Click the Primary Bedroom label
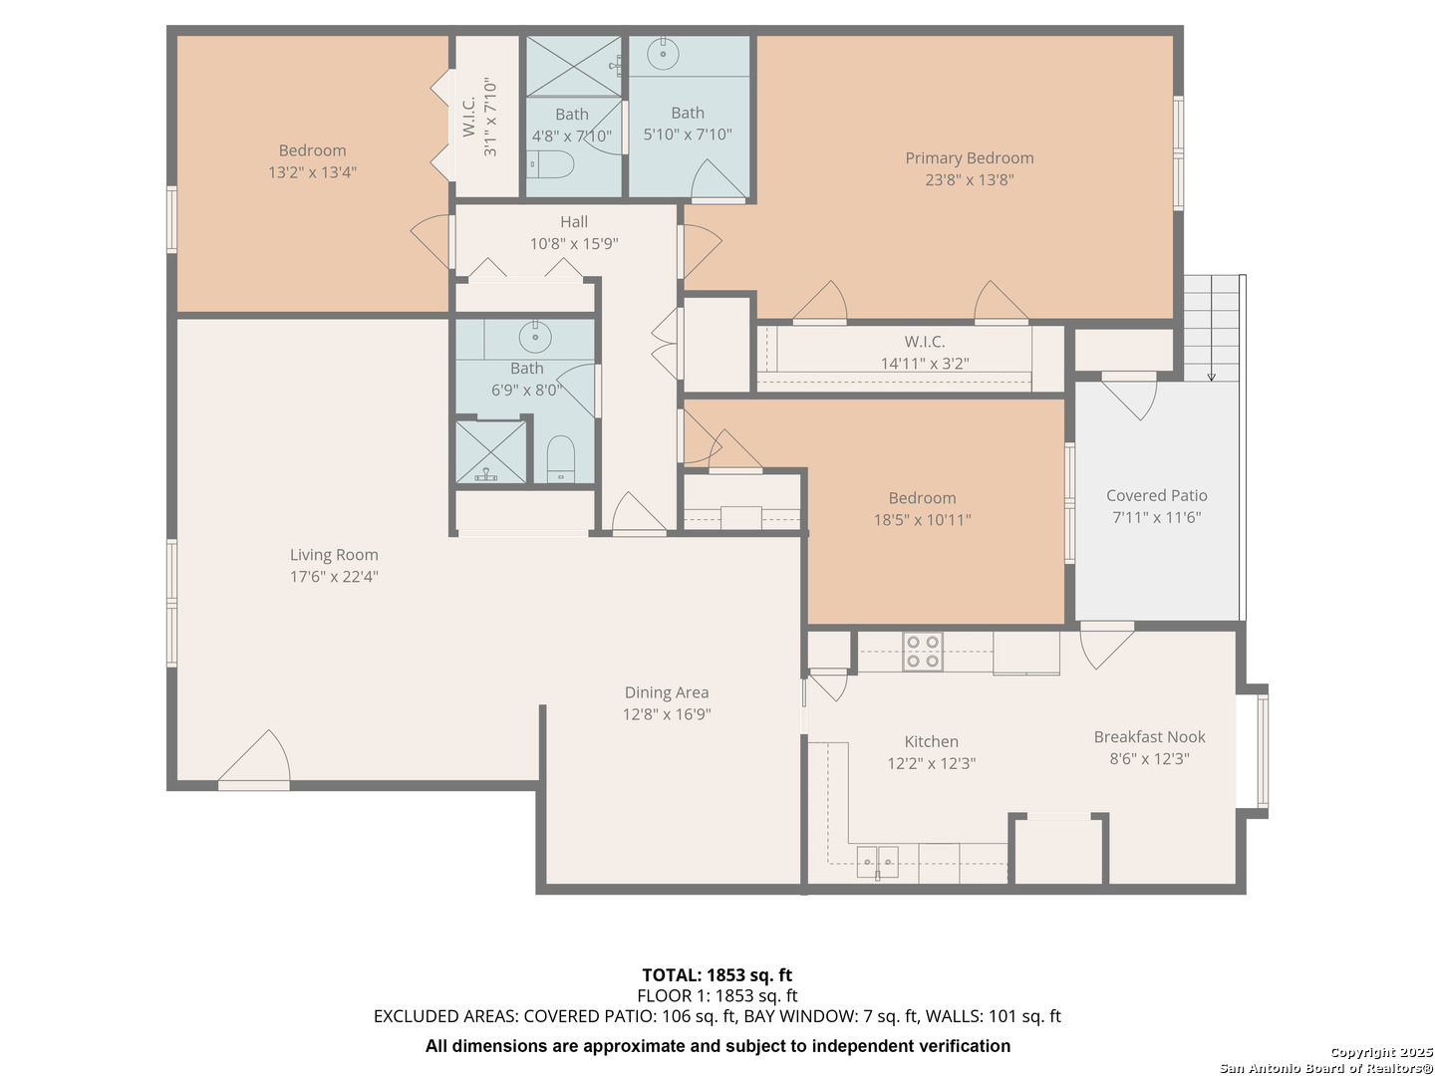click(969, 158)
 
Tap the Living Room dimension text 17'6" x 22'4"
click(334, 576)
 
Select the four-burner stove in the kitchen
click(923, 652)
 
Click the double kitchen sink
click(877, 862)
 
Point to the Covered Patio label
click(1157, 496)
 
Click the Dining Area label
click(667, 692)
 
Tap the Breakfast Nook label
click(1149, 737)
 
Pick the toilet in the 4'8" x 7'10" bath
click(550, 164)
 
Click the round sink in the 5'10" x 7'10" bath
click(663, 54)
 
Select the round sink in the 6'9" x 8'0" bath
click(535, 337)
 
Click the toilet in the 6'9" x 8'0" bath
click(560, 458)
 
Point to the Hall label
click(574, 222)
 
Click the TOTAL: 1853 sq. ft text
click(717, 974)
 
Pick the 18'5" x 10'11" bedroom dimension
click(923, 520)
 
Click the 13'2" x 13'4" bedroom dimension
click(313, 172)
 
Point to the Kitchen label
click(931, 741)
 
